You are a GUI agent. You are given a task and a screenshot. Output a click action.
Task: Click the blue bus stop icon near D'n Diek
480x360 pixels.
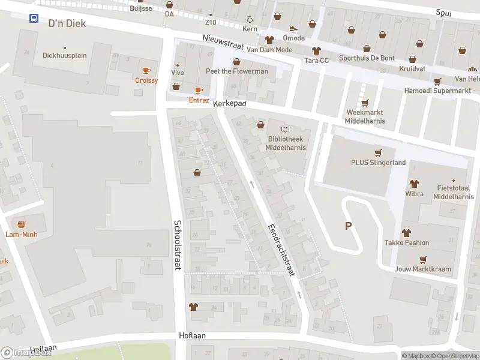(34, 18)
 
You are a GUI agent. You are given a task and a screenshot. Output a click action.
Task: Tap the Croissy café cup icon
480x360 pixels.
(146, 70)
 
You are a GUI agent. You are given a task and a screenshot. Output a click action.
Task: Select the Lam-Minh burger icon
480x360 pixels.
(22, 224)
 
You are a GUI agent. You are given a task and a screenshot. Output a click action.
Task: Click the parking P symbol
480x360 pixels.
(347, 226)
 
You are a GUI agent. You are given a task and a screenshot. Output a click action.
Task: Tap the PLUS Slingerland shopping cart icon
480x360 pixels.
(378, 152)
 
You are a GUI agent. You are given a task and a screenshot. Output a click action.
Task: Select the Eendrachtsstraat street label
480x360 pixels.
(281, 250)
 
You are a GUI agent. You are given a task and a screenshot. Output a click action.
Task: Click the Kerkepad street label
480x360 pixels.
(230, 104)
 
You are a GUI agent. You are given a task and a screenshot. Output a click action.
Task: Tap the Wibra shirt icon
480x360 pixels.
(414, 184)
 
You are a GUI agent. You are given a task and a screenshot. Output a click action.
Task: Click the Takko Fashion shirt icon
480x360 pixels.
(406, 233)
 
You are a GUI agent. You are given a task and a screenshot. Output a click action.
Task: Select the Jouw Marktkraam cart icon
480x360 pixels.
(423, 259)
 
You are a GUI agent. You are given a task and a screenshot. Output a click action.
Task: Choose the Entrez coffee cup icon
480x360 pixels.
(199, 90)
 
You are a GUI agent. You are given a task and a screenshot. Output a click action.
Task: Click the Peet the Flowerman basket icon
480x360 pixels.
(236, 61)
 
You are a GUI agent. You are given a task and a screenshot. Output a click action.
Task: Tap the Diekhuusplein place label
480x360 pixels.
(65, 55)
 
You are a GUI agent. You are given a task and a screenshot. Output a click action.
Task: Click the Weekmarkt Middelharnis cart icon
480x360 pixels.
(365, 103)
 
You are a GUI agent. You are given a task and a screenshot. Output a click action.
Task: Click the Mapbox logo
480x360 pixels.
(26, 353)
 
